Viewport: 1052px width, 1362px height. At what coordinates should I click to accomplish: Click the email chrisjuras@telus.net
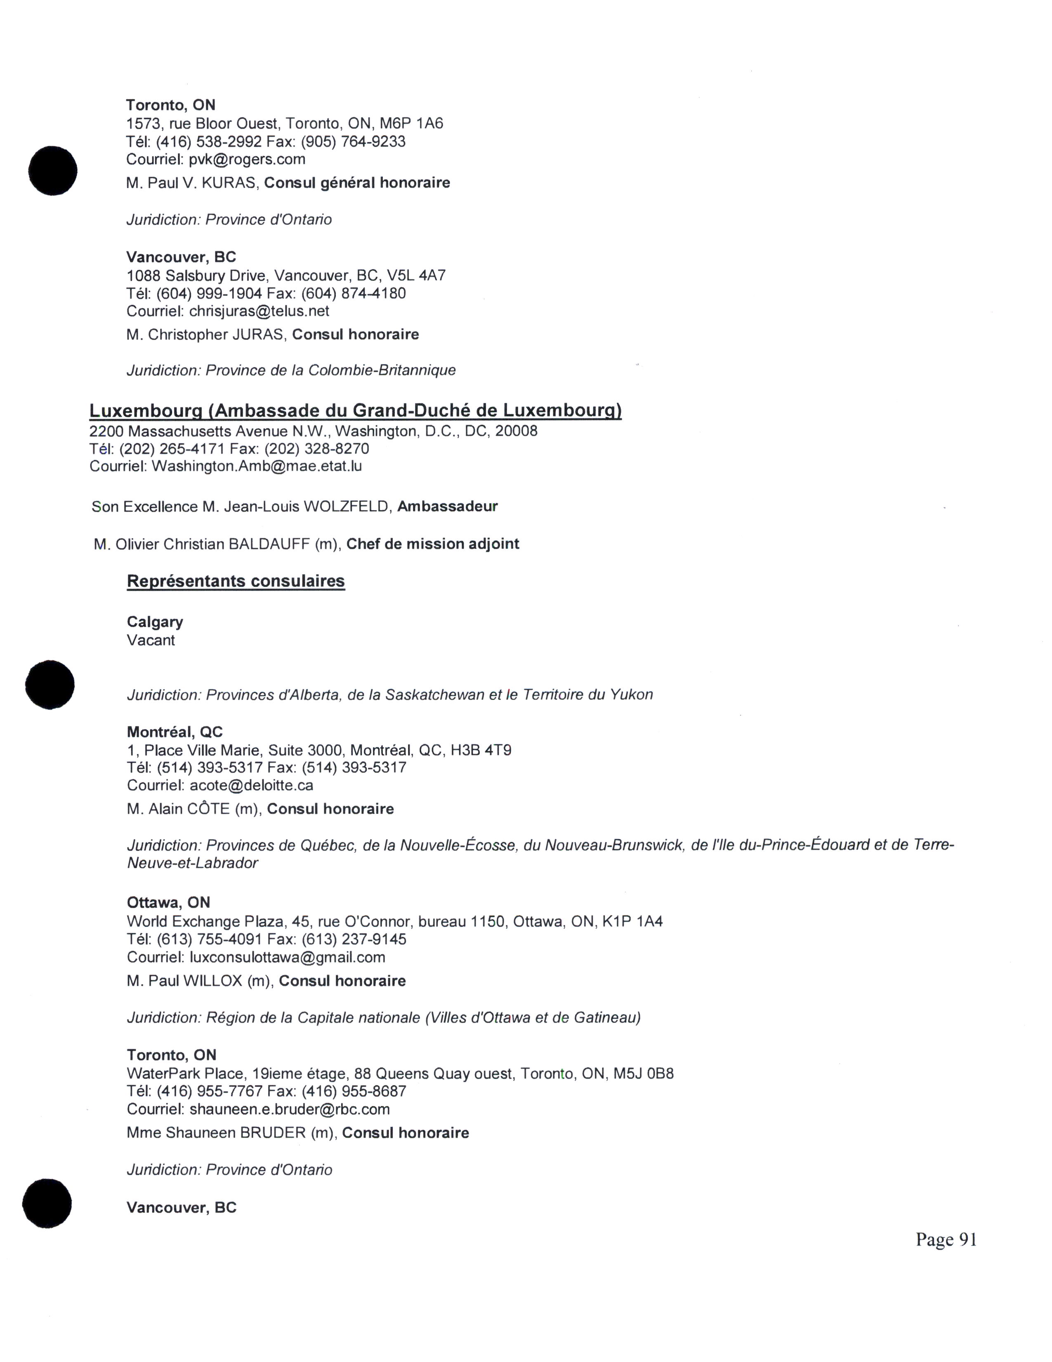(x=259, y=311)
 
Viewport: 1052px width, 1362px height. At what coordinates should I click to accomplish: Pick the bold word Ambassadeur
(x=448, y=507)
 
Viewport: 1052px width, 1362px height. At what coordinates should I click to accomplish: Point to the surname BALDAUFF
(x=269, y=544)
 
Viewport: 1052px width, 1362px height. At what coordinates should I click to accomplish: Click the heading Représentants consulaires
(x=236, y=581)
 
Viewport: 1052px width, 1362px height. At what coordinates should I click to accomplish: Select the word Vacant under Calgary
(x=151, y=641)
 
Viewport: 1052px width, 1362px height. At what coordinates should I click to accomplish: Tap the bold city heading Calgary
(x=155, y=622)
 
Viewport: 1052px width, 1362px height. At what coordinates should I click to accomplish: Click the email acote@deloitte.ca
(x=251, y=786)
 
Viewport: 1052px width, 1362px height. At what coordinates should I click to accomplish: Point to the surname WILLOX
(x=212, y=981)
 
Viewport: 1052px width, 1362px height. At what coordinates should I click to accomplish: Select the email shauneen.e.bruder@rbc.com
(x=290, y=1109)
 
